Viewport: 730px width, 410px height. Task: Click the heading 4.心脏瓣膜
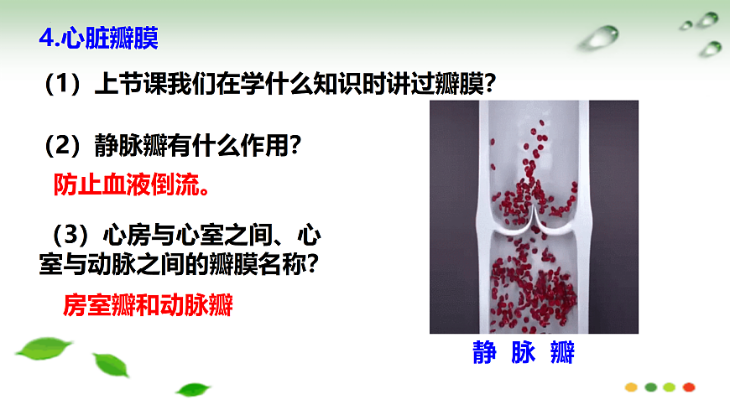click(100, 39)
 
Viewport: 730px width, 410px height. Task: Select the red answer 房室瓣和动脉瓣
click(148, 306)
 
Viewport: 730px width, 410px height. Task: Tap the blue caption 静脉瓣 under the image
click(523, 353)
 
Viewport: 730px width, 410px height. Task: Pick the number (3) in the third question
click(70, 231)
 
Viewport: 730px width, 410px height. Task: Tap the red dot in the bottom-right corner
click(688, 387)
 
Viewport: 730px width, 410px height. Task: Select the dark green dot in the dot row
click(650, 387)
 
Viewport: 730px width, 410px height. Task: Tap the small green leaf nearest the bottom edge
click(194, 389)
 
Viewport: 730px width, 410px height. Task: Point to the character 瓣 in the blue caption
click(563, 353)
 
